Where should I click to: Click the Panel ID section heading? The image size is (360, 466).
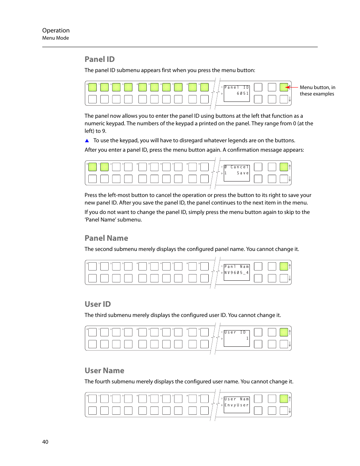coord(100,59)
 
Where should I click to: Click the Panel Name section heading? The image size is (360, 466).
coord(106,238)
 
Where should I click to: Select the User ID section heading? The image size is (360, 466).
coord(98,304)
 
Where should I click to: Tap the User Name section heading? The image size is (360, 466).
coord(105,371)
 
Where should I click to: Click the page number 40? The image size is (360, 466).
coord(45,442)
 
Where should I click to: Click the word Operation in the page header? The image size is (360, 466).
coord(56,31)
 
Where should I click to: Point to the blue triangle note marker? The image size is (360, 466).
coord(87,141)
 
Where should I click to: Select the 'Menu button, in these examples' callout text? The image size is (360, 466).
coord(317,91)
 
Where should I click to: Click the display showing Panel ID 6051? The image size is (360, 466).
coord(237,93)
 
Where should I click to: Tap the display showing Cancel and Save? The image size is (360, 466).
coord(237,173)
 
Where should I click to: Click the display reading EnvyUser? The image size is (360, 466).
coord(237,405)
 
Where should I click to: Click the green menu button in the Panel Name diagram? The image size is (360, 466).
coord(284,266)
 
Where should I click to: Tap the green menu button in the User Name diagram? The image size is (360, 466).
coord(284,399)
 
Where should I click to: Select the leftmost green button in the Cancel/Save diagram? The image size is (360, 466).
coord(92,167)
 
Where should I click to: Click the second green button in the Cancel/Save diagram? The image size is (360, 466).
coord(105,167)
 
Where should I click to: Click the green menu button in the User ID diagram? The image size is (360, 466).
coord(284,332)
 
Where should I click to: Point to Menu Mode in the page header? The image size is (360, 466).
coord(55,38)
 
